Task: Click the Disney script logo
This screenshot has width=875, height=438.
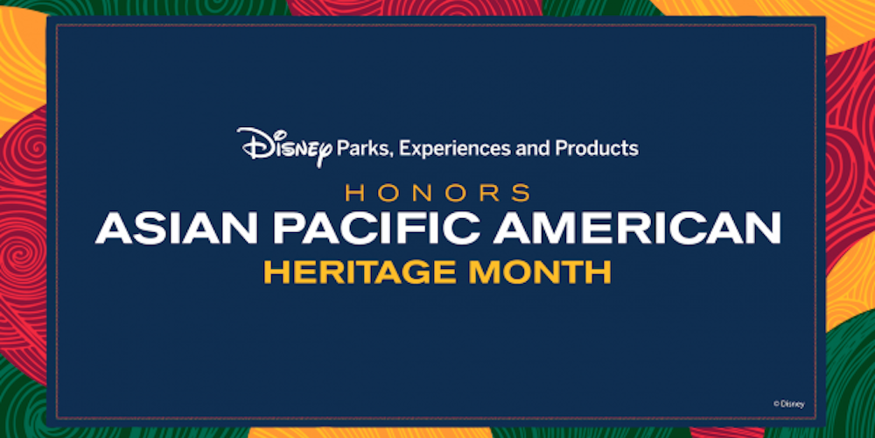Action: click(x=284, y=146)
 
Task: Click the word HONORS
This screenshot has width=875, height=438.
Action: click(x=438, y=193)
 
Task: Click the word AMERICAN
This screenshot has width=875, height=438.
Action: click(x=637, y=229)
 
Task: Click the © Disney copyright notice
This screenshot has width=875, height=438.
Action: click(x=789, y=404)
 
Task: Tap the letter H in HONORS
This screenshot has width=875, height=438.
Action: click(x=355, y=193)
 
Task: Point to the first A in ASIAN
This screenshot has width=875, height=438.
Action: click(x=113, y=229)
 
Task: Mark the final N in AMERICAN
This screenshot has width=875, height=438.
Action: click(x=764, y=229)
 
